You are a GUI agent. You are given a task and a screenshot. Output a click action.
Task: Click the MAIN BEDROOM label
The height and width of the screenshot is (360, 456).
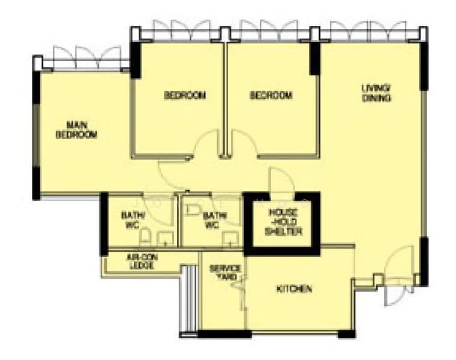(x=76, y=130)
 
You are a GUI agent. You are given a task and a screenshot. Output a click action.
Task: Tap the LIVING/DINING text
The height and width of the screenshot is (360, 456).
(x=376, y=93)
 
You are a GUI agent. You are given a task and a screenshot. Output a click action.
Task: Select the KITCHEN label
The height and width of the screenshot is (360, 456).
(x=294, y=289)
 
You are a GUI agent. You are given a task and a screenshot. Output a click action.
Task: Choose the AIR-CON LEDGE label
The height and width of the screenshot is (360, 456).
(x=140, y=262)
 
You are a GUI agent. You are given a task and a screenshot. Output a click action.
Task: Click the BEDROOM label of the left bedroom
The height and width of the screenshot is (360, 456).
(x=185, y=95)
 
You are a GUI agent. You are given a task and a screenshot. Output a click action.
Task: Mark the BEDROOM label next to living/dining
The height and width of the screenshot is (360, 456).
(x=271, y=95)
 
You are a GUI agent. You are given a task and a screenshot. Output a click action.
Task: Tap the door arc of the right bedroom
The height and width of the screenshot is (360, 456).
(x=243, y=144)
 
